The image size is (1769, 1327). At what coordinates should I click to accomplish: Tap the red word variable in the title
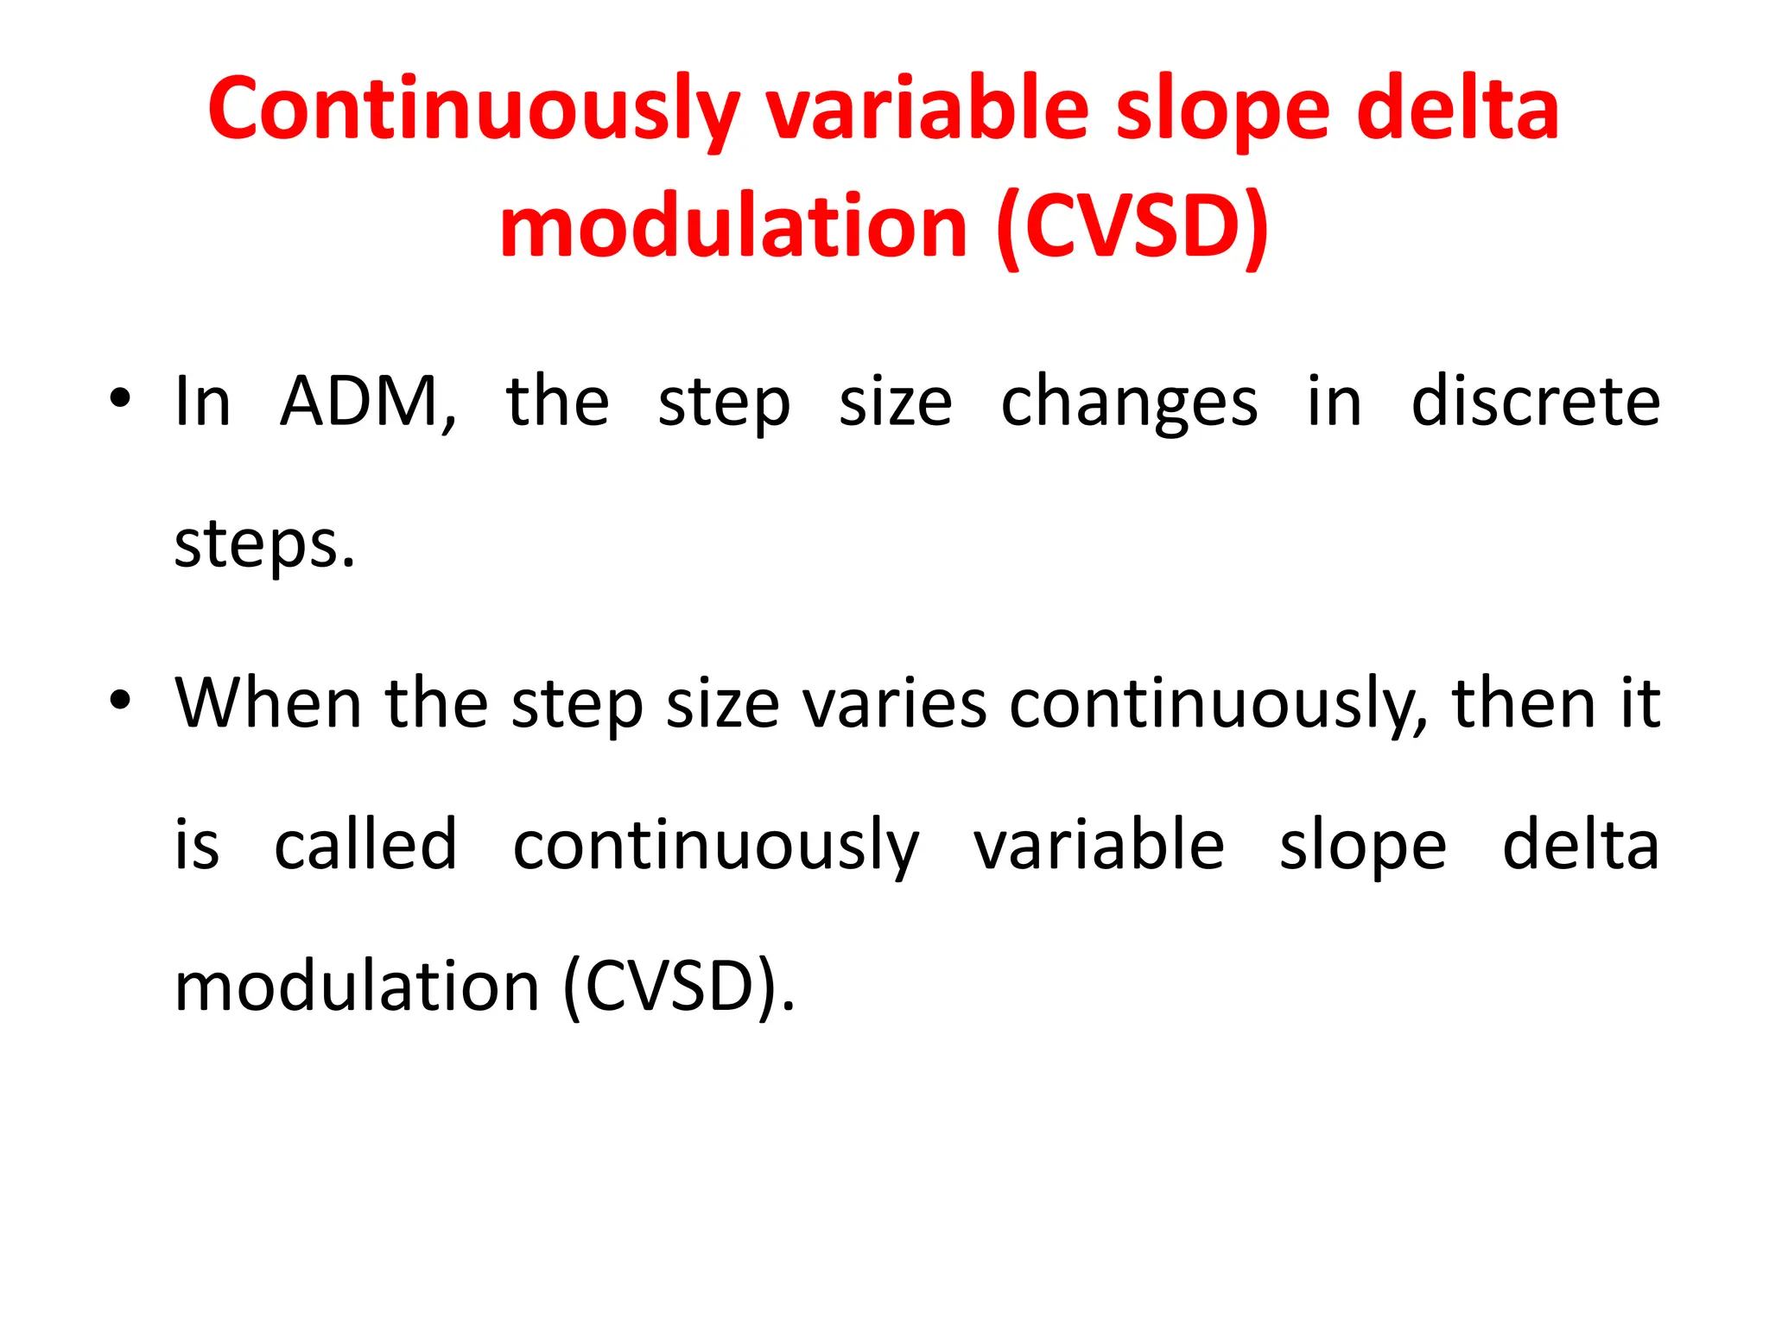click(928, 111)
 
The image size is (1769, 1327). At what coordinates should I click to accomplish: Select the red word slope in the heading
click(1222, 111)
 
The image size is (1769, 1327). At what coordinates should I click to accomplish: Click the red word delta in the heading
click(1458, 111)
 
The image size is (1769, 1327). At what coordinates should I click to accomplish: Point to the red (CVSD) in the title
click(1132, 226)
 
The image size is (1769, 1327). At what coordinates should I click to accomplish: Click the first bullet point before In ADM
click(120, 399)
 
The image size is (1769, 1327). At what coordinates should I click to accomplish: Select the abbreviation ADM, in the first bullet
click(368, 402)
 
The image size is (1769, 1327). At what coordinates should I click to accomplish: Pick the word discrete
click(1535, 402)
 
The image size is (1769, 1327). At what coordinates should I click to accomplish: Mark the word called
click(365, 844)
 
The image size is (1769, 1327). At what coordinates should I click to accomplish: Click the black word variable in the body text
click(1099, 844)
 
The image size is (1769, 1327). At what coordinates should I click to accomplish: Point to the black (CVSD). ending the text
click(678, 987)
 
